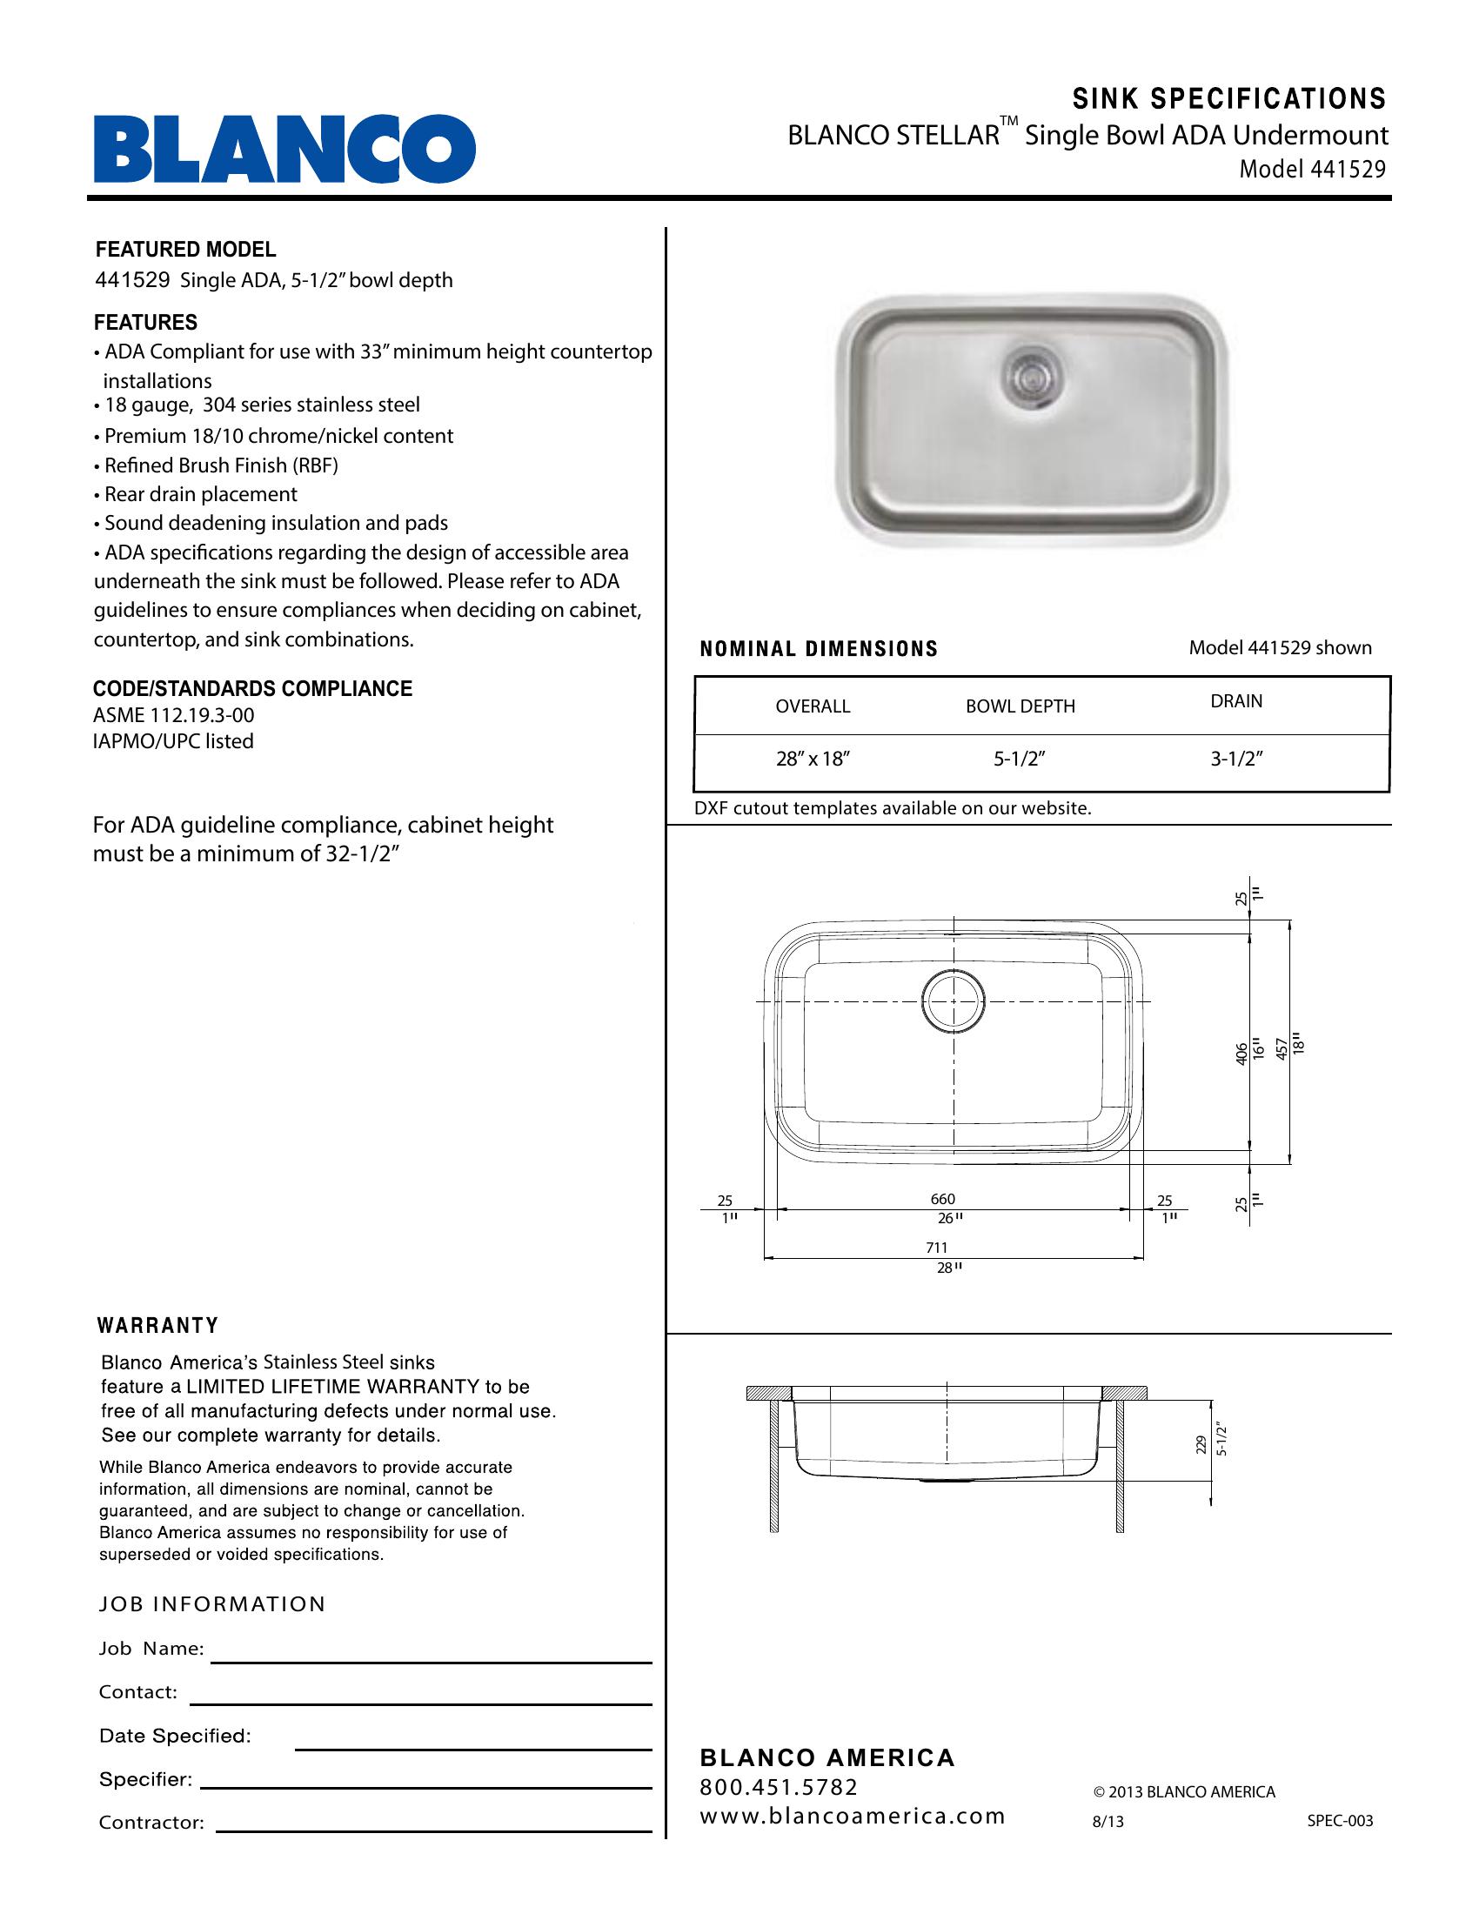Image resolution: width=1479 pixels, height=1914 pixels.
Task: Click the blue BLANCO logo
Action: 284,148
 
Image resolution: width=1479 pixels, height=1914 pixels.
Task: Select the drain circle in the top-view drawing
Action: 953,1000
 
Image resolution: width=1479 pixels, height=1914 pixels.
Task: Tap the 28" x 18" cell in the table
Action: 813,759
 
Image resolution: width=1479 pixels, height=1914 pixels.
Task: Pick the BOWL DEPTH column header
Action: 1020,706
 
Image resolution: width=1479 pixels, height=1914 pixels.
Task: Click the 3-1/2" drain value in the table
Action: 1236,759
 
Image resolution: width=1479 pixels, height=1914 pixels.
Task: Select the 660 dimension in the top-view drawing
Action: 943,1199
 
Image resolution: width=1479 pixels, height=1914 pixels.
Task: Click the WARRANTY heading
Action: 157,1325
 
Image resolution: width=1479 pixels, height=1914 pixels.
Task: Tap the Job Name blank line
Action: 431,1662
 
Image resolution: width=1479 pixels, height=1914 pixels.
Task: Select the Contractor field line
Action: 434,1831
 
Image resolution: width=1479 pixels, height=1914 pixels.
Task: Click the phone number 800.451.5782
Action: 778,1786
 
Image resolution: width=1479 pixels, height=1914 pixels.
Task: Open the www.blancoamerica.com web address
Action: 852,1816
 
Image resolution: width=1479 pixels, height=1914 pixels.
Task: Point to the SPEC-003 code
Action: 1340,1821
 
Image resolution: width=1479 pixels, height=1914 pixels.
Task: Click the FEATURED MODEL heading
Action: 186,250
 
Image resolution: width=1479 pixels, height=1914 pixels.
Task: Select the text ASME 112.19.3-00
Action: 173,715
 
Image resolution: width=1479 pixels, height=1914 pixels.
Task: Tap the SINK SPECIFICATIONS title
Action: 1229,99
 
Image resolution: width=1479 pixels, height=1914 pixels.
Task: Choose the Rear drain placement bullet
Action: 200,494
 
